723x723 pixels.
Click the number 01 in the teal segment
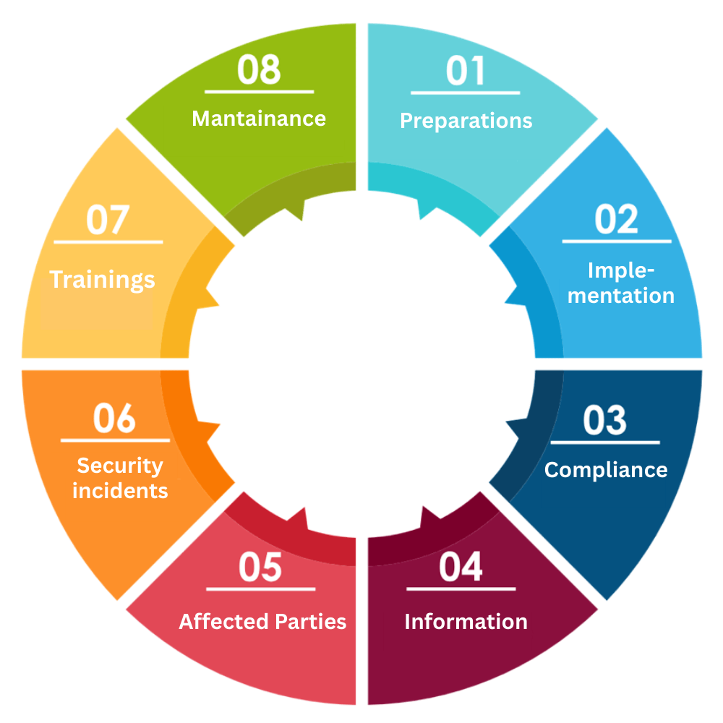pos(465,71)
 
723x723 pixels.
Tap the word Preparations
pos(466,121)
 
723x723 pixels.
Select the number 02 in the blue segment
pos(616,220)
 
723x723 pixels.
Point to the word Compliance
pos(606,471)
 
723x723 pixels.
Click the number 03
pos(605,420)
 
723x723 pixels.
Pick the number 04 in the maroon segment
pos(461,567)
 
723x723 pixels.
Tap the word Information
pos(466,622)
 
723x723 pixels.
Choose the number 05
pos(260,567)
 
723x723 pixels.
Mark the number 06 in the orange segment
pos(114,418)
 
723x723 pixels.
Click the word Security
pos(120,466)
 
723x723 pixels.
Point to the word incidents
pos(120,491)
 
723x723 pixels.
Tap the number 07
pos(108,220)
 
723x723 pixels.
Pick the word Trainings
pos(102,281)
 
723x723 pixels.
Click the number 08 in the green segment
pos(259,69)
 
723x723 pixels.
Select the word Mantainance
pos(259,119)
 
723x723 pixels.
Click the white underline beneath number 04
pos(461,589)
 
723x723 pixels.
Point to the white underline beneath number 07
pos(108,241)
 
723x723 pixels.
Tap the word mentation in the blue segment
pos(620,296)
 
